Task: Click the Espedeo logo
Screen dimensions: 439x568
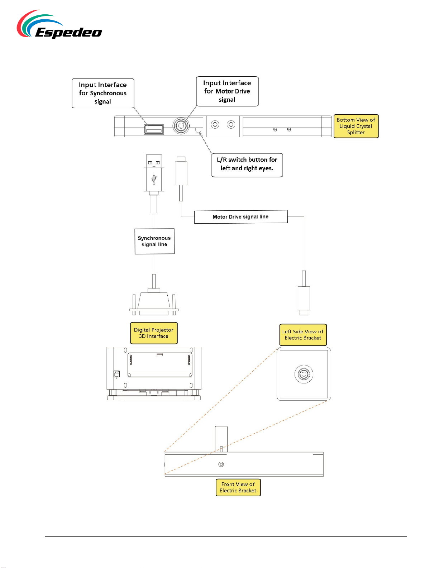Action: coord(59,24)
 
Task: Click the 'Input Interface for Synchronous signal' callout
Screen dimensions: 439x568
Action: coord(103,93)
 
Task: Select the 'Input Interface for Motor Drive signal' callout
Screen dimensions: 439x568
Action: coord(227,91)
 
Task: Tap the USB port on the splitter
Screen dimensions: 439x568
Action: coord(154,129)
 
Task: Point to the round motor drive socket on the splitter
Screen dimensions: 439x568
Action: coord(181,126)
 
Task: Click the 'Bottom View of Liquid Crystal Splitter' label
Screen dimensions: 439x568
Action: coord(356,126)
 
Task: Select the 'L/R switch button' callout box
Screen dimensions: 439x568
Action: coord(247,165)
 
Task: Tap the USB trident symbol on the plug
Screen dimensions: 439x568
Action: coord(154,180)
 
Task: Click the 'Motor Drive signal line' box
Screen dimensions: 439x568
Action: coord(241,217)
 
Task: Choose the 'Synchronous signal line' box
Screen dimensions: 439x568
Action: coord(154,241)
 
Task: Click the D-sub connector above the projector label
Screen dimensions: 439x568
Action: coord(154,302)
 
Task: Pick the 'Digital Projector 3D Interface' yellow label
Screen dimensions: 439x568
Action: coord(154,333)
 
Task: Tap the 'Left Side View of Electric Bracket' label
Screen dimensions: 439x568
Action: coord(303,335)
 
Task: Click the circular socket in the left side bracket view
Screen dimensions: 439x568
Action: coord(304,374)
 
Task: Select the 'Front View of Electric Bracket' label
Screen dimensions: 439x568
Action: coord(238,487)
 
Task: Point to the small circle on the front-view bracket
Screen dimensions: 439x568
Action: coord(221,464)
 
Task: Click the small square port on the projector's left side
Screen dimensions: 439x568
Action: coord(116,374)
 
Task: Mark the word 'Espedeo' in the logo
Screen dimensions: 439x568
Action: coord(68,33)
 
